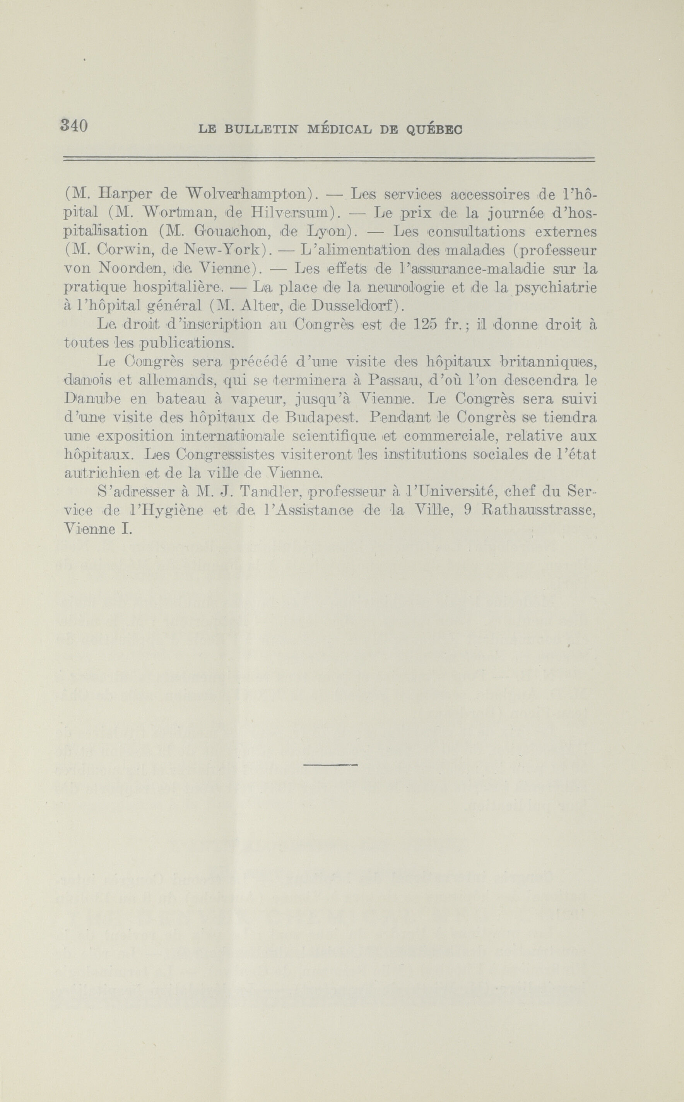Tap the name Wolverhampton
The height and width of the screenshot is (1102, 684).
click(248, 196)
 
